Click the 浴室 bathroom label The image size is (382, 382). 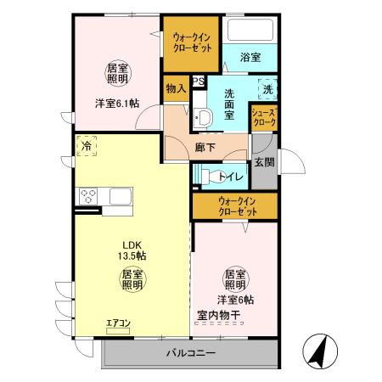click(250, 57)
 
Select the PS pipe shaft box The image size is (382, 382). click(198, 81)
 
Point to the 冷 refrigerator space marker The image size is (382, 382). click(87, 146)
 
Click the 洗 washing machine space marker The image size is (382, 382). click(268, 88)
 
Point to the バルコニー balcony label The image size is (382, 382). click(190, 352)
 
